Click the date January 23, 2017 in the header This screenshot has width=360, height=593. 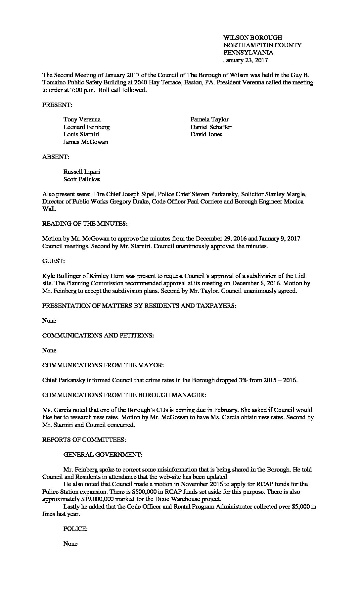click(x=245, y=60)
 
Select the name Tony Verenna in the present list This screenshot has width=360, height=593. click(x=82, y=119)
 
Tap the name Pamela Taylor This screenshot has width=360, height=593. click(x=209, y=119)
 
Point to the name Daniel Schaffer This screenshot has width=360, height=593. click(x=211, y=127)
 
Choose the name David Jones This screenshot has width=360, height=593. click(x=206, y=134)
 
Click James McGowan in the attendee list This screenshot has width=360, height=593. click(x=86, y=142)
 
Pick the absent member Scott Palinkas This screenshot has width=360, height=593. click(x=82, y=179)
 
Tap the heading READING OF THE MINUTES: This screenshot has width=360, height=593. click(x=85, y=224)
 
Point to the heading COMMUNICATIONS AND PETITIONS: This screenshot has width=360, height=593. click(x=98, y=336)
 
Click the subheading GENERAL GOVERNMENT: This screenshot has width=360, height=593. click(x=103, y=455)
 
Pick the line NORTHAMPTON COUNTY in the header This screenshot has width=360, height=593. click(x=262, y=45)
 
